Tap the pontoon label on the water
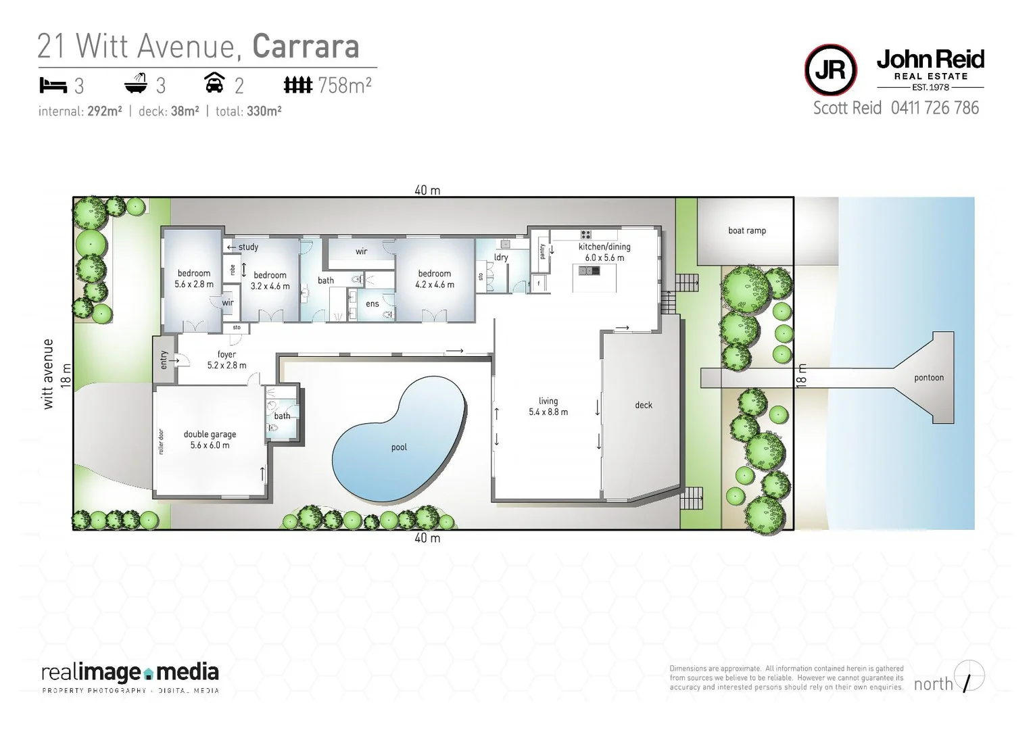click(928, 378)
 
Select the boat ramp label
click(746, 230)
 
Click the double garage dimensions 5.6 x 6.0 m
click(210, 445)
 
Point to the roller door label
click(162, 441)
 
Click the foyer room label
click(226, 354)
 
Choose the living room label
click(548, 401)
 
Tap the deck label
click(643, 405)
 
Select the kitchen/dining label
click(604, 247)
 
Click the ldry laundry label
click(501, 258)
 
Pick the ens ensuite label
click(372, 304)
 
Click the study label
click(248, 247)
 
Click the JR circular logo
click(831, 70)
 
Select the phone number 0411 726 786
click(934, 108)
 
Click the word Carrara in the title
click(305, 47)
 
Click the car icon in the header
click(214, 83)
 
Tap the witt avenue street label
click(48, 374)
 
